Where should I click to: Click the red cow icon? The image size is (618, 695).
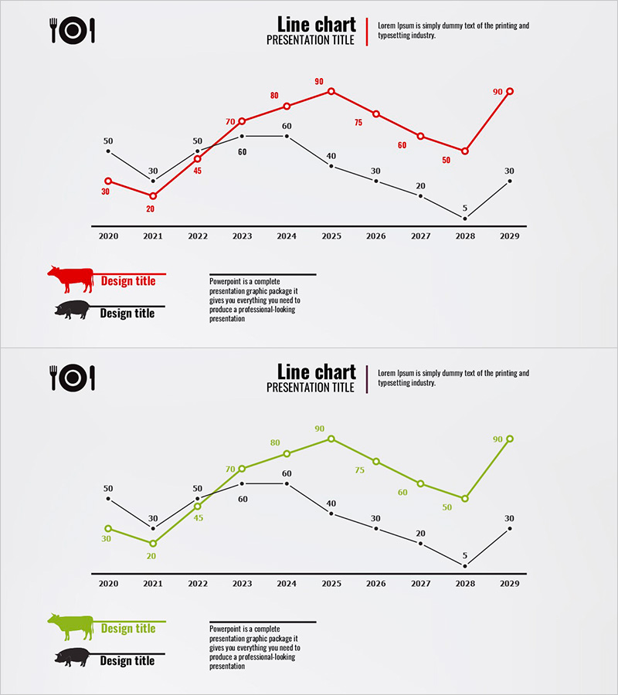coord(71,279)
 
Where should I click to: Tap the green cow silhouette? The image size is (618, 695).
coord(71,626)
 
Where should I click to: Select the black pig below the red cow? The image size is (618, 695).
coord(73,310)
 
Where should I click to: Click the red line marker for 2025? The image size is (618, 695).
coord(331,91)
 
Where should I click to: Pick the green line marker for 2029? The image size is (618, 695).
coord(510,439)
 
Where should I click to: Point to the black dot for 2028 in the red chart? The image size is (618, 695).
coord(465,219)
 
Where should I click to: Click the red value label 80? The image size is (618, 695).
coord(274,96)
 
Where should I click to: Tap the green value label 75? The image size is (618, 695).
coord(359,470)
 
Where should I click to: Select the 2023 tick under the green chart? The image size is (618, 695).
coord(242,584)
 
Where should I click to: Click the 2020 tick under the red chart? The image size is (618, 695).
coord(108,236)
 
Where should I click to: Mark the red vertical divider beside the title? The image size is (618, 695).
coord(367,32)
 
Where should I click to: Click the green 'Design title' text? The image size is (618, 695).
coord(128,629)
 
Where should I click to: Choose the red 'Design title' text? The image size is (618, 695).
coord(128,281)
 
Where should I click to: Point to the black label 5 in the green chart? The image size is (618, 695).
coord(465,555)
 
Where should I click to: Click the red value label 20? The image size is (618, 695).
coord(151,208)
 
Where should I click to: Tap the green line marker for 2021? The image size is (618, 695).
coord(153,544)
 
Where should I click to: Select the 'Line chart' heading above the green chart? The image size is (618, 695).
coord(316,371)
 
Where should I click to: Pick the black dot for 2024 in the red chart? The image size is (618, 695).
coord(287,136)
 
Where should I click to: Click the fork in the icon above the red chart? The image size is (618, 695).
coord(55,30)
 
